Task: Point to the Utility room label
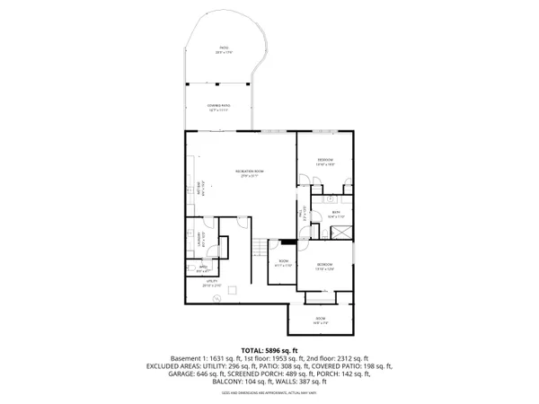(213, 283)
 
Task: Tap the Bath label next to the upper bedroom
(335, 215)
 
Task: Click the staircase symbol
(260, 249)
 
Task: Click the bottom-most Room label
(319, 321)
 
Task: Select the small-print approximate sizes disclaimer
(269, 393)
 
